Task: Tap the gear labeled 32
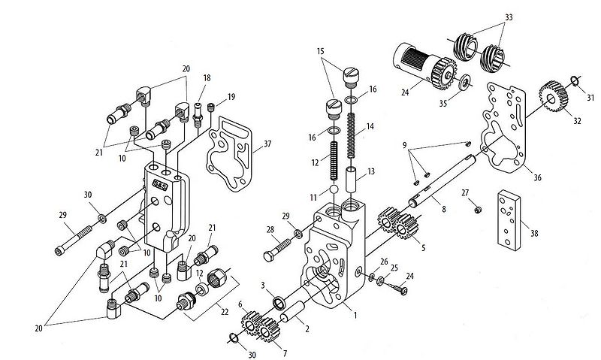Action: (554, 98)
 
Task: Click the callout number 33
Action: (509, 17)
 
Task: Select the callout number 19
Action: (231, 96)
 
